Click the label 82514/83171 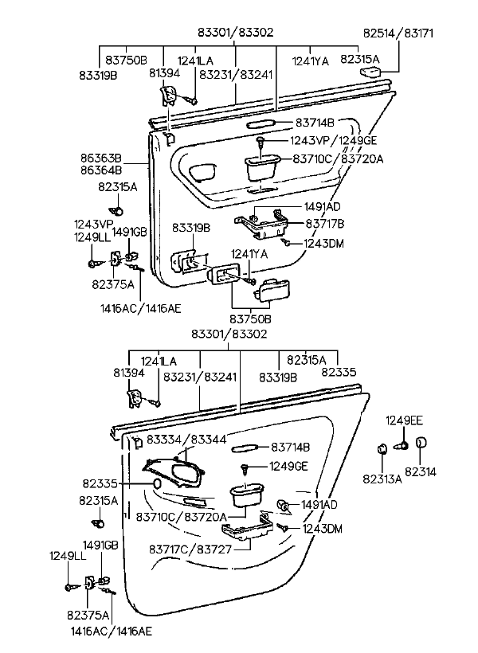[398, 33]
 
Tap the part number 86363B [101, 158]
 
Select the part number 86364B [101, 170]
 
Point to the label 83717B [325, 224]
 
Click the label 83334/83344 [186, 440]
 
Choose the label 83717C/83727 [190, 549]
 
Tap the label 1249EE [404, 420]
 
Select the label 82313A [382, 479]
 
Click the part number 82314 [421, 472]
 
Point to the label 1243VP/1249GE [333, 140]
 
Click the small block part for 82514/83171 [370, 72]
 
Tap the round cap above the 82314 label [421, 442]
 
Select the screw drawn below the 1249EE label [402, 446]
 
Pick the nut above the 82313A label [382, 449]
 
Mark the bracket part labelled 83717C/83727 [248, 528]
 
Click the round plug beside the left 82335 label [157, 483]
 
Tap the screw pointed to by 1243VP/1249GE [260, 142]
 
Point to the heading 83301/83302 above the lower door [229, 334]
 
